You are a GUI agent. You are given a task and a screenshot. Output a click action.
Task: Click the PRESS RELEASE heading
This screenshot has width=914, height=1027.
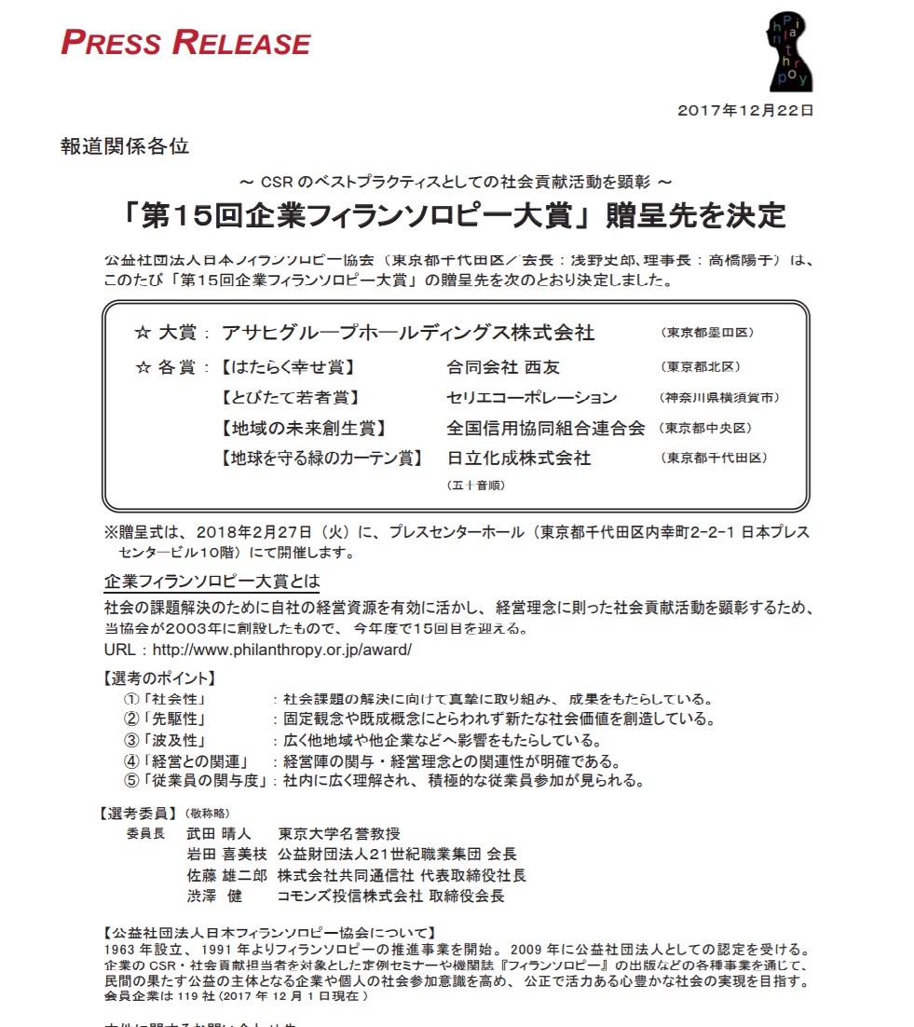[x=185, y=43]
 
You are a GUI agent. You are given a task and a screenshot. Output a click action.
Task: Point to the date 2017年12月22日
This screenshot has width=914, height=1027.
[x=746, y=110]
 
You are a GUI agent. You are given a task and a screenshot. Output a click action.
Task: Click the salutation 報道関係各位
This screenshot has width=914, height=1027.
[x=125, y=146]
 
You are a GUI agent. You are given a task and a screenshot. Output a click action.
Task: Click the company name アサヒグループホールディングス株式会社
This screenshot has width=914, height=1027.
[x=408, y=333]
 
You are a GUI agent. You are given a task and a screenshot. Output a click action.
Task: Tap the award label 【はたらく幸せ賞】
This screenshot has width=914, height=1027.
[x=288, y=367]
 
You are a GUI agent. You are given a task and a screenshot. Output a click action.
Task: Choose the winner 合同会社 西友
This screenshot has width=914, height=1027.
[x=503, y=367]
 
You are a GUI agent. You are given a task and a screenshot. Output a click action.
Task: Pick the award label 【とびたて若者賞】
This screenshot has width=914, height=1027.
[x=289, y=398]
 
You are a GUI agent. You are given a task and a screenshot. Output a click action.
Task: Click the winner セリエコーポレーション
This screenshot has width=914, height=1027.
[x=532, y=398]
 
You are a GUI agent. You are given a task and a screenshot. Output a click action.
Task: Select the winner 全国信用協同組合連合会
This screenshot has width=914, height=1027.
[x=546, y=429]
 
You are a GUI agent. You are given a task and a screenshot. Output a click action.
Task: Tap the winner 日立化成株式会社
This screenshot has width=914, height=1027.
[x=519, y=459]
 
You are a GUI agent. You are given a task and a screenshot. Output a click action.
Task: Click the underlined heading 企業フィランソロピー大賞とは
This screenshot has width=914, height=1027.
[x=211, y=582]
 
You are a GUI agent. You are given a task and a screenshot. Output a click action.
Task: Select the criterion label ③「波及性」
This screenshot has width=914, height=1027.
[x=164, y=740]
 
